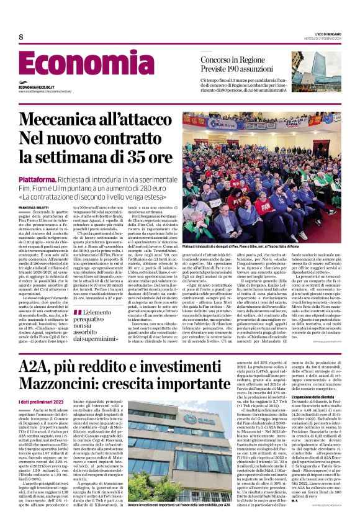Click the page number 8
tap(20, 37)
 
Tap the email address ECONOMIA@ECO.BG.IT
tap(38, 87)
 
